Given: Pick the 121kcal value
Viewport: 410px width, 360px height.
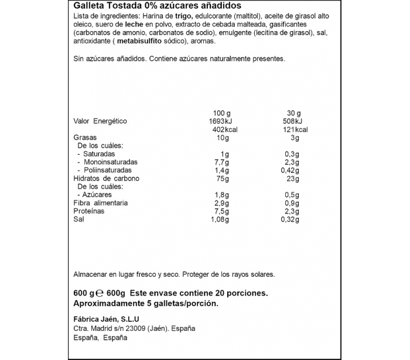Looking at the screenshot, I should (x=294, y=130).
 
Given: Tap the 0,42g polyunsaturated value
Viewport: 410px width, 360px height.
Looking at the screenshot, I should (x=288, y=170).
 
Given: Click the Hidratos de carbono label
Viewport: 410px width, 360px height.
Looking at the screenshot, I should (x=106, y=178).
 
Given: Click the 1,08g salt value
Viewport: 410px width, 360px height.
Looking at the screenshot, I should (x=218, y=219).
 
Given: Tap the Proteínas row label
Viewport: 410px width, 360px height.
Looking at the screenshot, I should (x=90, y=211).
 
